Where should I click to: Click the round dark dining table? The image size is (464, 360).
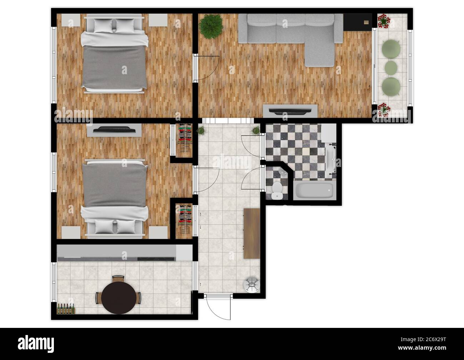pos(119,298)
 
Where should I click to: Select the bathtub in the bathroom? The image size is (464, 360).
pos(315,190)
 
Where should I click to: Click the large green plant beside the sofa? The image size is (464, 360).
pos(211,27)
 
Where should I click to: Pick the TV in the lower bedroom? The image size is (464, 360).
pos(114,130)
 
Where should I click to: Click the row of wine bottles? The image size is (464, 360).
pos(66,309)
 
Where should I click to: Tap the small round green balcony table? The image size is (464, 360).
pos(391,67)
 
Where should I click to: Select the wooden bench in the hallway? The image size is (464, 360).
pos(252,233)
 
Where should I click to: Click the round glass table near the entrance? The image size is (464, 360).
pos(252,285)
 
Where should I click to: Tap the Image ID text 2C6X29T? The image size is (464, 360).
pos(423,339)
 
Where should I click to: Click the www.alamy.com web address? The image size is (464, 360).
pos(422,348)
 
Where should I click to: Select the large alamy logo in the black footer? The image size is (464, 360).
pos(36,344)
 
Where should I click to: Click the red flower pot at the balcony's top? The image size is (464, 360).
pos(384,21)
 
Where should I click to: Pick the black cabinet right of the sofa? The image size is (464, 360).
pos(357,22)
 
